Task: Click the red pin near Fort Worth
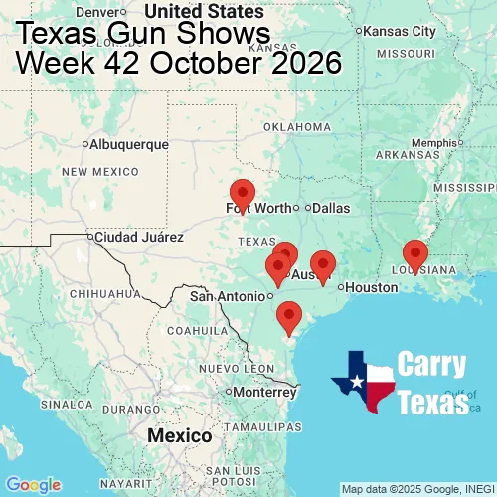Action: [242, 195]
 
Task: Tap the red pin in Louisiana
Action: [414, 255]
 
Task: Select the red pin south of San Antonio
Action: [289, 316]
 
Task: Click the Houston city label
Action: [372, 287]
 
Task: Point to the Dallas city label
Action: [331, 208]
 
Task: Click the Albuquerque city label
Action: [129, 144]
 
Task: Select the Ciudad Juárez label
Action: [138, 238]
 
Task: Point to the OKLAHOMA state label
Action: [296, 127]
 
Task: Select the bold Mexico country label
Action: [179, 436]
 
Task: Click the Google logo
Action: [33, 484]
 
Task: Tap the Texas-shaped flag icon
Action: [364, 382]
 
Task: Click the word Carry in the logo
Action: [432, 365]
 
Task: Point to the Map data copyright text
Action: [417, 489]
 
